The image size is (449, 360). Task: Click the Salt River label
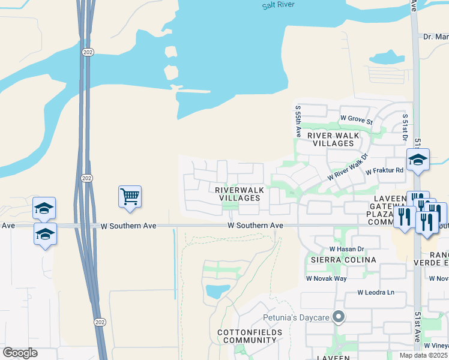279,5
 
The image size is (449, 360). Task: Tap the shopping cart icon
130,197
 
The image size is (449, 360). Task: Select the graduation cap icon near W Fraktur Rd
418,160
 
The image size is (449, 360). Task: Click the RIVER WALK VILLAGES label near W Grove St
333,140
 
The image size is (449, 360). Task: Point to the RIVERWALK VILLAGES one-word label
240,194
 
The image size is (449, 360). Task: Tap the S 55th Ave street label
298,121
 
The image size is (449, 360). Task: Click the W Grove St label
356,119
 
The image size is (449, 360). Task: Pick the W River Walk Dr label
347,170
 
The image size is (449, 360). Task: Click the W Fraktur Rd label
386,172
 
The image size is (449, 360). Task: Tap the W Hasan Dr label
346,248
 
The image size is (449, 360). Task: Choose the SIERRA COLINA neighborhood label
343,260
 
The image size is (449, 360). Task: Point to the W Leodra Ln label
376,293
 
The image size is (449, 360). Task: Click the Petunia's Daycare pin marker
339,316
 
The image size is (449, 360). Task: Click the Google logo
20,353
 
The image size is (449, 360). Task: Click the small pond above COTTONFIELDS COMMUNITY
217,292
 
